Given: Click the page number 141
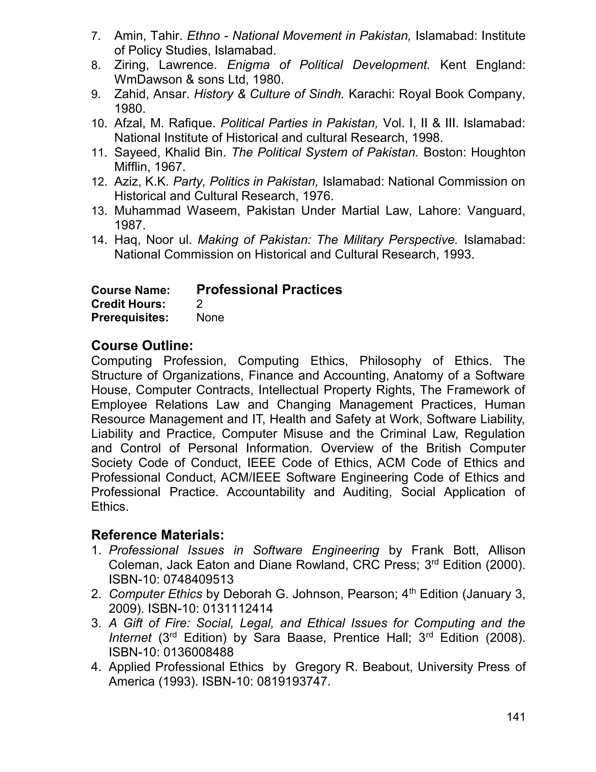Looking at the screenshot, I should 516,717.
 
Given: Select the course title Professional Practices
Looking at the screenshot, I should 269,290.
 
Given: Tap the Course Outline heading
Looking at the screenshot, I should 142,345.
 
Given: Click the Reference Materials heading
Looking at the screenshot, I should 157,535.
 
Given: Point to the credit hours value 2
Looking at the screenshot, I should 199,304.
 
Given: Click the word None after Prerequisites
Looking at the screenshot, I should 210,318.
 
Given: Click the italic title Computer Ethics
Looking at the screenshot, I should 155,594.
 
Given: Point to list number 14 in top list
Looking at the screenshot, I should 99,240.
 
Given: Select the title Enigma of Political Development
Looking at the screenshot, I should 328,65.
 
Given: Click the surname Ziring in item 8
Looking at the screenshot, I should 130,65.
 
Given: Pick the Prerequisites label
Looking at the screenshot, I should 130,318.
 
